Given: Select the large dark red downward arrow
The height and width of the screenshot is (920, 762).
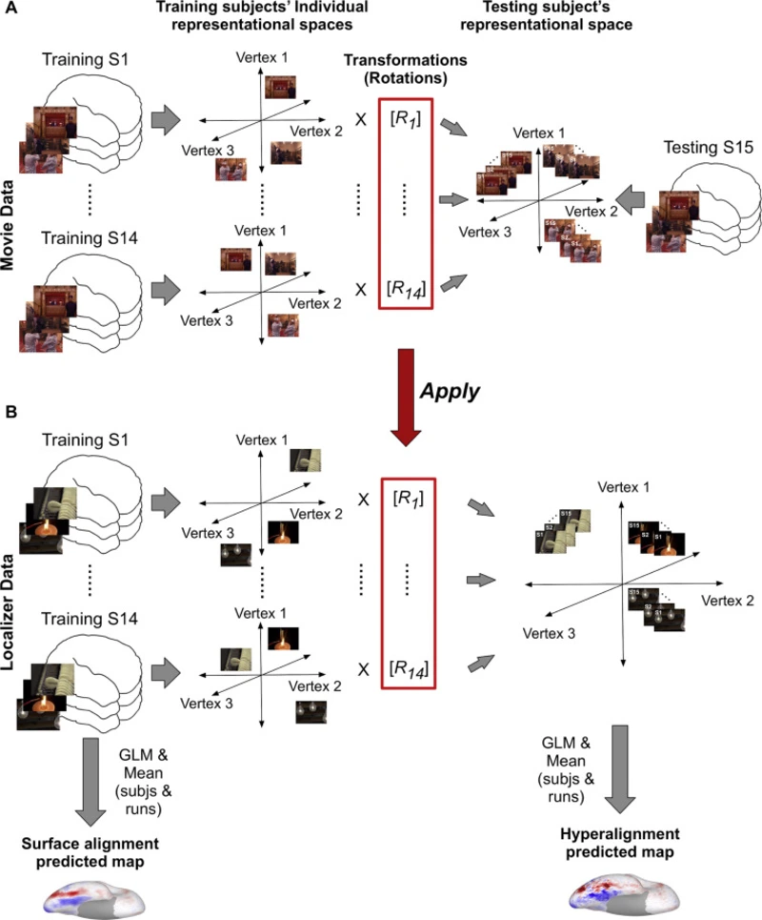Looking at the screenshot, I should pyautogui.click(x=407, y=392).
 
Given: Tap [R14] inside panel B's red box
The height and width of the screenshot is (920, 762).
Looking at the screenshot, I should pyautogui.click(x=406, y=675).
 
